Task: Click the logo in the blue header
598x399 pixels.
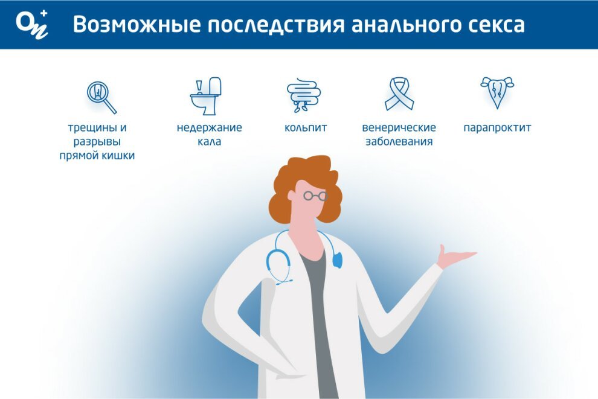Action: coord(32,24)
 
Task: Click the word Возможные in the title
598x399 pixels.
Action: coord(137,25)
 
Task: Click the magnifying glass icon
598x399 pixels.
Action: coord(101,97)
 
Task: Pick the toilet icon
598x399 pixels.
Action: coord(206,96)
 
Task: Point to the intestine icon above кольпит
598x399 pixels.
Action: coord(304,95)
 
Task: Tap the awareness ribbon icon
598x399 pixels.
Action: coord(399,94)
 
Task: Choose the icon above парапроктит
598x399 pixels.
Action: coord(497,92)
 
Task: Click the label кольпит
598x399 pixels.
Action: coord(306,127)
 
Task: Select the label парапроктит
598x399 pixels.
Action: coord(497,127)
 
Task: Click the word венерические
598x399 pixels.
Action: coord(399,127)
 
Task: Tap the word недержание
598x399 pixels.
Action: coord(209,127)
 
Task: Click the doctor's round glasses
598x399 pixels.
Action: coord(315,196)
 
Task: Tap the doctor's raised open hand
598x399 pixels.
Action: coord(455,256)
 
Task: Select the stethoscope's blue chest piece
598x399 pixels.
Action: coord(337,260)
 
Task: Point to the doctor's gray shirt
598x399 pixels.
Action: coord(319,320)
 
